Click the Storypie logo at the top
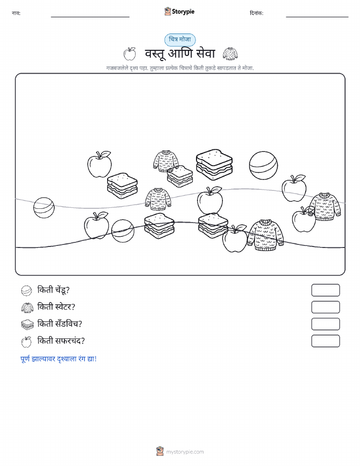[179, 12]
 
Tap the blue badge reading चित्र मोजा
[180, 40]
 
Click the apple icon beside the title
[129, 53]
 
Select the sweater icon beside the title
[230, 54]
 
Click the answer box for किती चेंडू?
[325, 290]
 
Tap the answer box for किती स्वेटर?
[325, 307]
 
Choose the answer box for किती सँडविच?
[325, 324]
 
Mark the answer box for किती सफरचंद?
[325, 341]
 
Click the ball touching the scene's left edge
[44, 207]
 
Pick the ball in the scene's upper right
[264, 166]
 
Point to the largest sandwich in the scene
[214, 164]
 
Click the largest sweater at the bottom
[265, 235]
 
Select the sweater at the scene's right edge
[324, 206]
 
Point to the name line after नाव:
[90, 17]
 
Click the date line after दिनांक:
[317, 17]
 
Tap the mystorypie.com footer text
[185, 452]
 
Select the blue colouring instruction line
[58, 359]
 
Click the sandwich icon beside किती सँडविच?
[27, 324]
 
